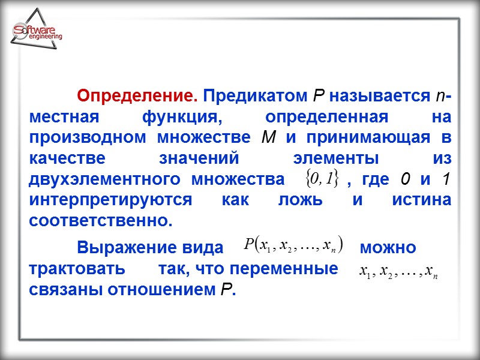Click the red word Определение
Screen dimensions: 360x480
(x=137, y=96)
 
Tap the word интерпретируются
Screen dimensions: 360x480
(x=110, y=200)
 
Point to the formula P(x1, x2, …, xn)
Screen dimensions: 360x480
(x=293, y=245)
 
